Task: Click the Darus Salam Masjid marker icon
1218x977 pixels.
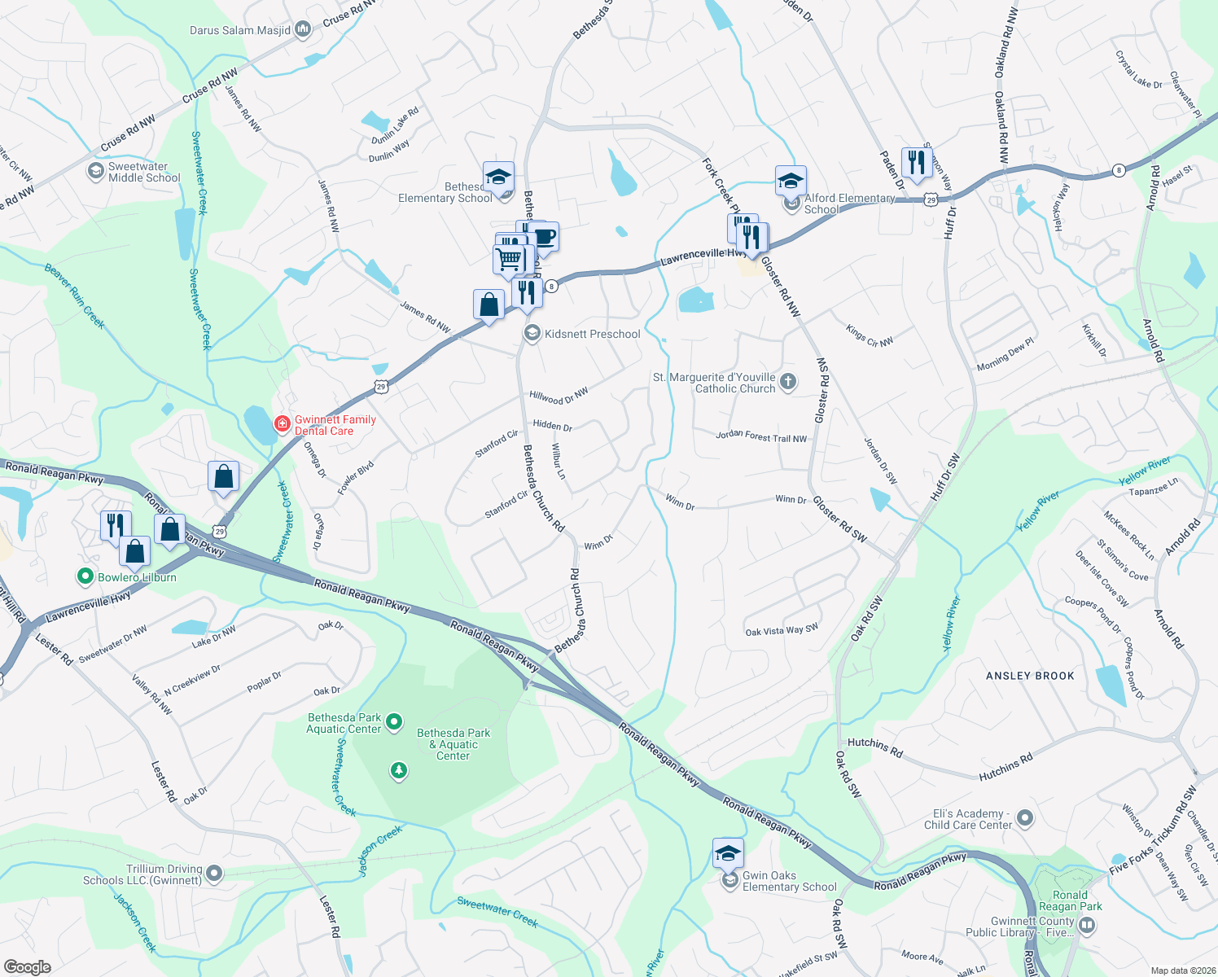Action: pyautogui.click(x=303, y=30)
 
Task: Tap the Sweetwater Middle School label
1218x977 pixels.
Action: pyautogui.click(x=144, y=172)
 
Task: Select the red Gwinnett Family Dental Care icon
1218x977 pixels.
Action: pyautogui.click(x=282, y=424)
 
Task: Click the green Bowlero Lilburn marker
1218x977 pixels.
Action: pyautogui.click(x=85, y=577)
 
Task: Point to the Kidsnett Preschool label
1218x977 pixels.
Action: pyautogui.click(x=592, y=334)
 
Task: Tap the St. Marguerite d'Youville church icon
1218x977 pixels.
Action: pyautogui.click(x=787, y=382)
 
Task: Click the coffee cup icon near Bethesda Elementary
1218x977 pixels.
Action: pyautogui.click(x=544, y=237)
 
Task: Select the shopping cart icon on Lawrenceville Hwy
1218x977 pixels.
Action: pyautogui.click(x=509, y=259)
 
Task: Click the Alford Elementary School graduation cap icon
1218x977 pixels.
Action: pyautogui.click(x=790, y=181)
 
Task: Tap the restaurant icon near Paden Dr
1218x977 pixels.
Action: pyautogui.click(x=917, y=162)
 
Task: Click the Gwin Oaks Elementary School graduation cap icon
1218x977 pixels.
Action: pyautogui.click(x=728, y=852)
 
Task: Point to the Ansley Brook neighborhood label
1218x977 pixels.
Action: pyautogui.click(x=1030, y=676)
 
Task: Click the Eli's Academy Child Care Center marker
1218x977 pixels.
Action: pyautogui.click(x=1025, y=817)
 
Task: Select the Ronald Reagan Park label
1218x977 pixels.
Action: pyautogui.click(x=1070, y=900)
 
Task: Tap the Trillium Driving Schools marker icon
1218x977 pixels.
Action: pyautogui.click(x=214, y=874)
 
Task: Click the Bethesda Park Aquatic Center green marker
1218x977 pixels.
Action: pyautogui.click(x=394, y=721)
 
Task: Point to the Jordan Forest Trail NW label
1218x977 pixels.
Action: pyautogui.click(x=761, y=437)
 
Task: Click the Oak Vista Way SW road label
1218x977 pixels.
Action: pyautogui.click(x=782, y=629)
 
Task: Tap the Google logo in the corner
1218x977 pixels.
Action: pyautogui.click(x=27, y=966)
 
